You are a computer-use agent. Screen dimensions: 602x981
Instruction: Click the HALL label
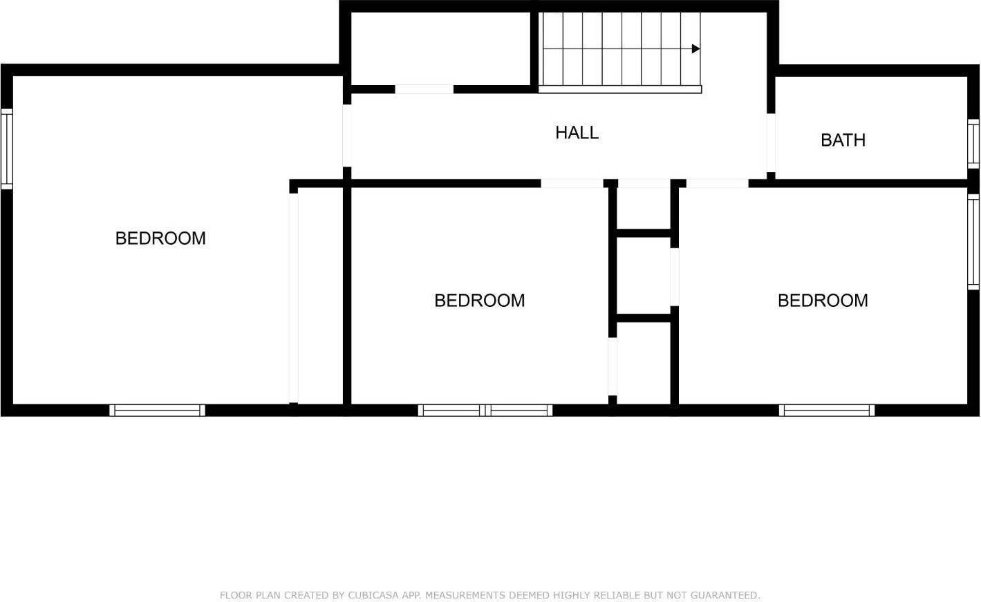(x=577, y=133)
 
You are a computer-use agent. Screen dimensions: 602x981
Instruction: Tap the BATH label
(x=843, y=140)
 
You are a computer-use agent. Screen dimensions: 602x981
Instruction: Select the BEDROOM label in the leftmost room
(x=160, y=238)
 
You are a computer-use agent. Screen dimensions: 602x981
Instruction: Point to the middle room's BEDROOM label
(x=479, y=301)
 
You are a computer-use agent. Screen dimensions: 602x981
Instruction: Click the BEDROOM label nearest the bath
(x=823, y=301)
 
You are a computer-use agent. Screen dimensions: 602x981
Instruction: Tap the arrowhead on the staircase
(x=695, y=49)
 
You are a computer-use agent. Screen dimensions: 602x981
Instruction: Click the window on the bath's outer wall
(x=973, y=143)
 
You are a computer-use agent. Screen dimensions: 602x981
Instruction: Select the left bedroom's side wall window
(x=6, y=149)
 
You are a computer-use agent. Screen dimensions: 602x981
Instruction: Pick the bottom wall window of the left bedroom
(x=158, y=410)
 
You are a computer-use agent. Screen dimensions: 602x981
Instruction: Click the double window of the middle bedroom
(x=485, y=410)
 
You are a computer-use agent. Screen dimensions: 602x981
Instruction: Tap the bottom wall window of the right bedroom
(x=827, y=410)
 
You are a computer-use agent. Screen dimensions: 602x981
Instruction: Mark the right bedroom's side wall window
(x=973, y=241)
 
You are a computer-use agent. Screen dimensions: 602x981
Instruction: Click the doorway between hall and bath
(x=771, y=142)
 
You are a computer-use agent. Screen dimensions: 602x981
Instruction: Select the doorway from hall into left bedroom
(x=347, y=135)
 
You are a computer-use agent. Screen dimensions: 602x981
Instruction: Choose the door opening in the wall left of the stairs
(x=424, y=89)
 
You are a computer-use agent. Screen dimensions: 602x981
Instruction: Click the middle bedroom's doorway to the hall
(x=571, y=183)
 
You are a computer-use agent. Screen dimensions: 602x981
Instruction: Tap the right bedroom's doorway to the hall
(x=717, y=183)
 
